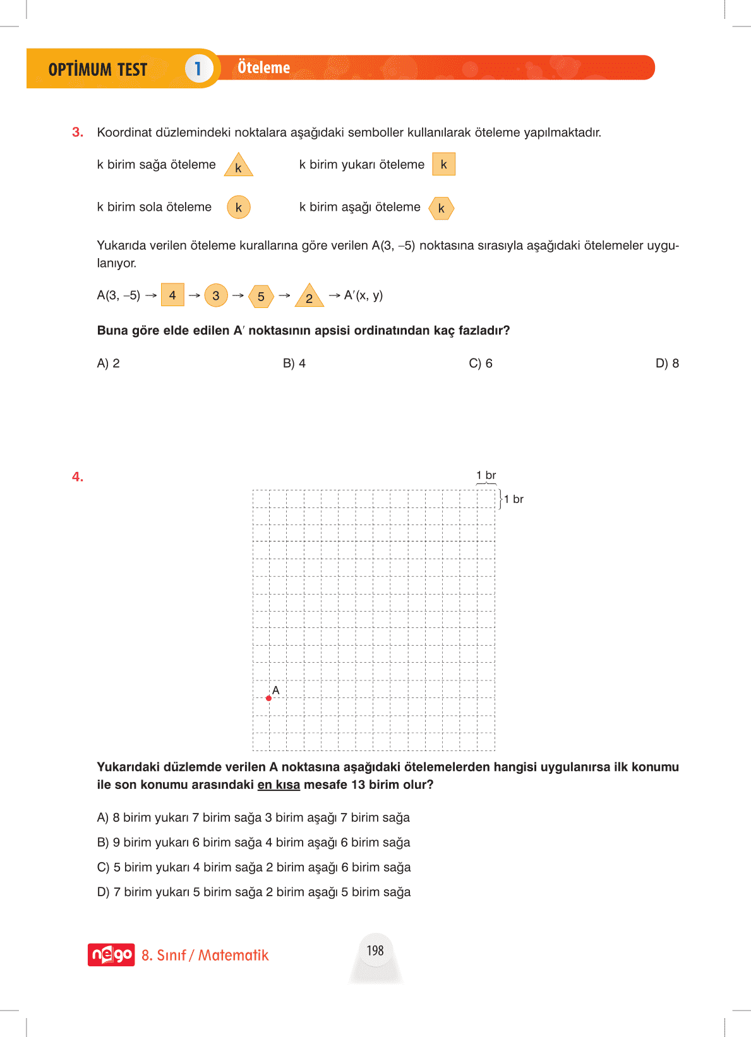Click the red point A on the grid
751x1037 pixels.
click(x=268, y=698)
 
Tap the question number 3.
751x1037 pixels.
click(x=77, y=132)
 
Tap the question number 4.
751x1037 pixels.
click(x=77, y=477)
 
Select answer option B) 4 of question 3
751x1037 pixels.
click(x=294, y=364)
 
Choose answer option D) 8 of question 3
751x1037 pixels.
click(x=667, y=364)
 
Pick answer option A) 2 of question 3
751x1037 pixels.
click(x=108, y=364)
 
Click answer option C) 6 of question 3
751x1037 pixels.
click(x=481, y=364)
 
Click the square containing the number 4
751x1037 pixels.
click(x=172, y=295)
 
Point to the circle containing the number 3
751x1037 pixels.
click(x=216, y=295)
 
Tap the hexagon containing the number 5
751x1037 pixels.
click(x=261, y=296)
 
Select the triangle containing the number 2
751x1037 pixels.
click(x=309, y=297)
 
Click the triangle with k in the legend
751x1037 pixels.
click(x=238, y=166)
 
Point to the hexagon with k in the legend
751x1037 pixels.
click(x=441, y=208)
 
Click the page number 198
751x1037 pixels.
click(x=375, y=951)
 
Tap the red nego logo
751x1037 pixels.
click(x=111, y=954)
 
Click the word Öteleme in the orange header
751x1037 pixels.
click(x=263, y=68)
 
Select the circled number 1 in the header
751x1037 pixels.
click(x=198, y=68)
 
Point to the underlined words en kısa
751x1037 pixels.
click(x=279, y=785)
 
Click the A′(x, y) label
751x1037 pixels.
click(x=363, y=295)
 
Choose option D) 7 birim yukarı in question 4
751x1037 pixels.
click(x=253, y=892)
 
